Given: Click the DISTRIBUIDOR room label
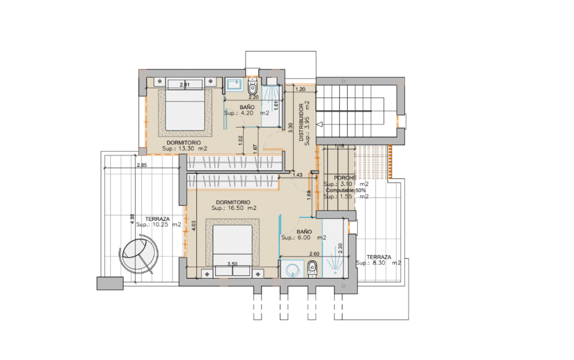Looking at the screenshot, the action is point(301,122).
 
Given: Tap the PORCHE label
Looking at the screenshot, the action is point(345,178).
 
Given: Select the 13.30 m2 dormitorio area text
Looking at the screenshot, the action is point(184,148).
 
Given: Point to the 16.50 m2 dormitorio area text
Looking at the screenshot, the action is point(234,208).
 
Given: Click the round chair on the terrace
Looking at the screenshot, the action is point(139,254).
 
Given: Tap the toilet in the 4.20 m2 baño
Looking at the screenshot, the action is point(252,87).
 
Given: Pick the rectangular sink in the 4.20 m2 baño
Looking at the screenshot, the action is point(234,85).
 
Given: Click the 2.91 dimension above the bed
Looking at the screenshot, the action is point(184,85).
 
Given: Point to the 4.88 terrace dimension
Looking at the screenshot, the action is point(132,219).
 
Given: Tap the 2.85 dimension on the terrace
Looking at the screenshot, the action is point(142,165).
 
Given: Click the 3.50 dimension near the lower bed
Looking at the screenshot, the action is point(232,264).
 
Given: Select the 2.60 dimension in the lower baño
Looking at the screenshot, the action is point(314,254).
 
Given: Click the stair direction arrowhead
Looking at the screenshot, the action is point(320,125).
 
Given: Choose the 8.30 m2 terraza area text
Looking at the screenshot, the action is point(378,263).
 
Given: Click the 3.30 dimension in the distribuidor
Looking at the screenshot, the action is point(290,128).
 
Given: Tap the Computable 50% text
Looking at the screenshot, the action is point(346,191).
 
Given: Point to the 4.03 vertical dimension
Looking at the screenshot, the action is point(194,226).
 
